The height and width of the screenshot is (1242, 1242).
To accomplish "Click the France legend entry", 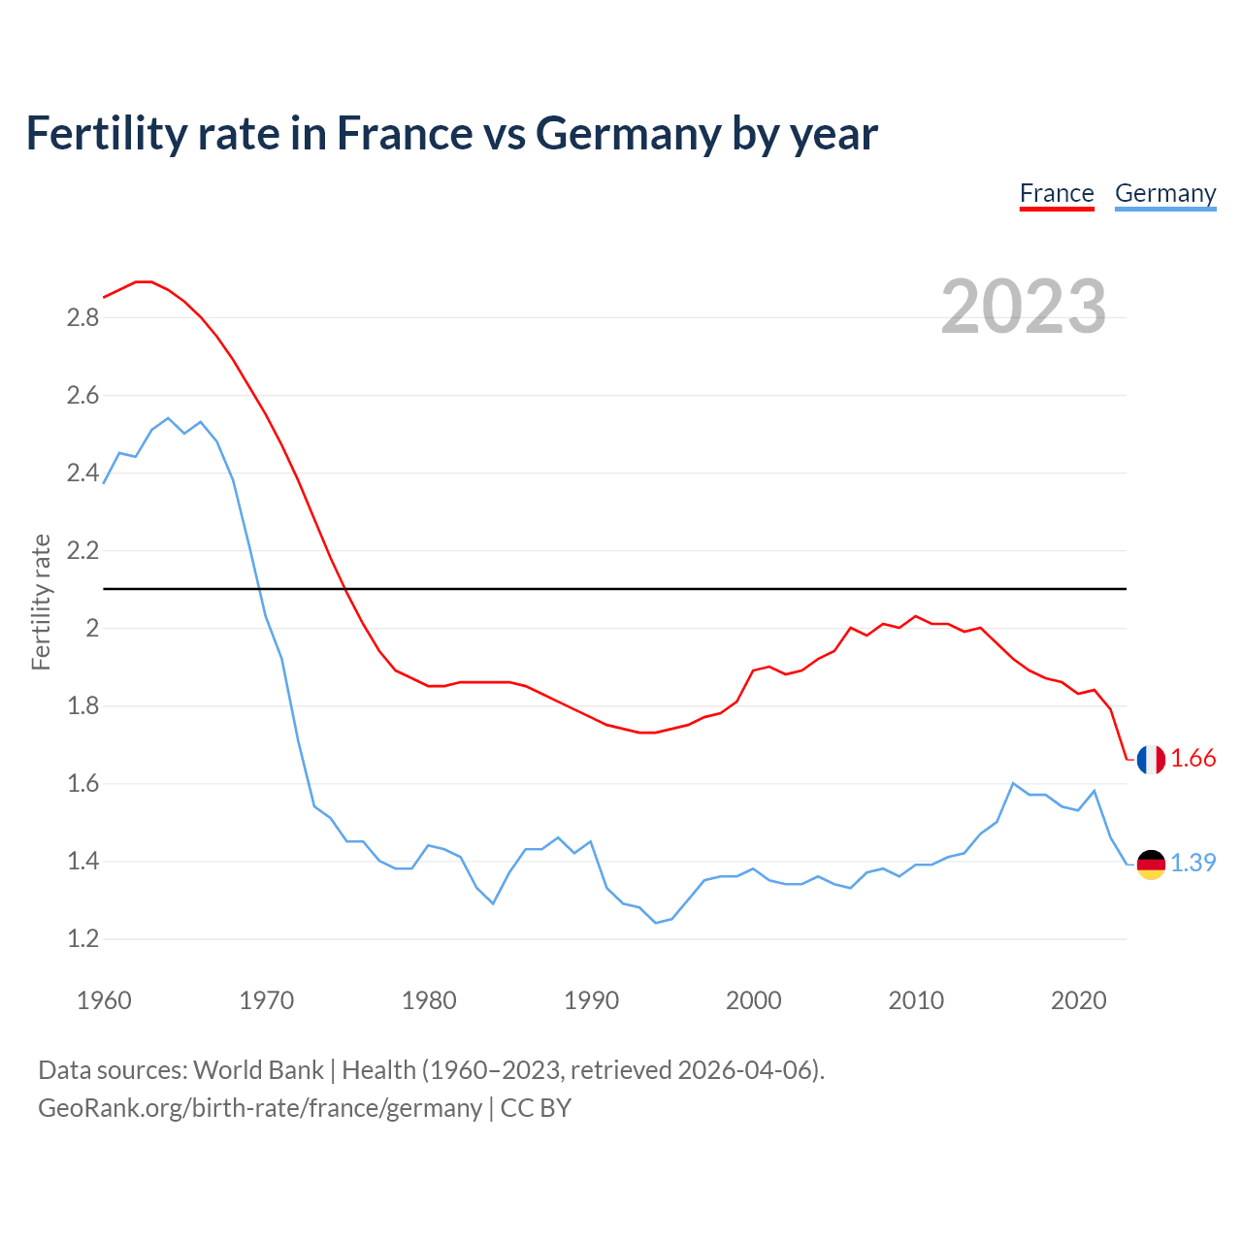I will pyautogui.click(x=1057, y=194).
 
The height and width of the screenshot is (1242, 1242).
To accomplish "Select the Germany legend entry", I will pyautogui.click(x=1164, y=194).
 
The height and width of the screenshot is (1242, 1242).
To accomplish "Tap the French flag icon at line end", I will pyautogui.click(x=1151, y=760).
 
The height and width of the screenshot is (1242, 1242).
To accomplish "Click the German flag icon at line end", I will pyautogui.click(x=1151, y=864).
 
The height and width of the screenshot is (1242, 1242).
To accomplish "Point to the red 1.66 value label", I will pyautogui.click(x=1193, y=759).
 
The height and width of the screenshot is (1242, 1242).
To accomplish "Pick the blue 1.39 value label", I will pyautogui.click(x=1193, y=863).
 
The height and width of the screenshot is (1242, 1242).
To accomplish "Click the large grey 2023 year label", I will pyautogui.click(x=1023, y=307).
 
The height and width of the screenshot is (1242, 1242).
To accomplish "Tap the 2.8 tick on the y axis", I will pyautogui.click(x=82, y=318).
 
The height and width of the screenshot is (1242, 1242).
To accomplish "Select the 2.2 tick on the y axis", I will pyautogui.click(x=82, y=551).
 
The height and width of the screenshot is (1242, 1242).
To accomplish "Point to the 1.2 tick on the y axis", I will pyautogui.click(x=82, y=939).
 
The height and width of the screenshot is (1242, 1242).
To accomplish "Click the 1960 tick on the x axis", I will pyautogui.click(x=104, y=1000).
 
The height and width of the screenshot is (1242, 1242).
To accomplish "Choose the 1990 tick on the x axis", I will pyautogui.click(x=591, y=1000).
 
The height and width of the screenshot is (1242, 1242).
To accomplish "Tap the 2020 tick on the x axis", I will pyautogui.click(x=1078, y=1000).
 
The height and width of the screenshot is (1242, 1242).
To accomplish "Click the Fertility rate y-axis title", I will pyautogui.click(x=41, y=602).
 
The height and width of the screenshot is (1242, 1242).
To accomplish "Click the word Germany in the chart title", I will pyautogui.click(x=628, y=133).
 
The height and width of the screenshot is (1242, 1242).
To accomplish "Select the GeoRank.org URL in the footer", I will pyautogui.click(x=260, y=1108).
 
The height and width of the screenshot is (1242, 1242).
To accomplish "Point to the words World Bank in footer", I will pyautogui.click(x=258, y=1070).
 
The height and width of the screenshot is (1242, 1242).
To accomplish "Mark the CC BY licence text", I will pyautogui.click(x=536, y=1108).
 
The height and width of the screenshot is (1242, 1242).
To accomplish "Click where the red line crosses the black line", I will pyautogui.click(x=346, y=589).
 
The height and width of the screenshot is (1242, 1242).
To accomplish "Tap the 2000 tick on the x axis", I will pyautogui.click(x=753, y=1000).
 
